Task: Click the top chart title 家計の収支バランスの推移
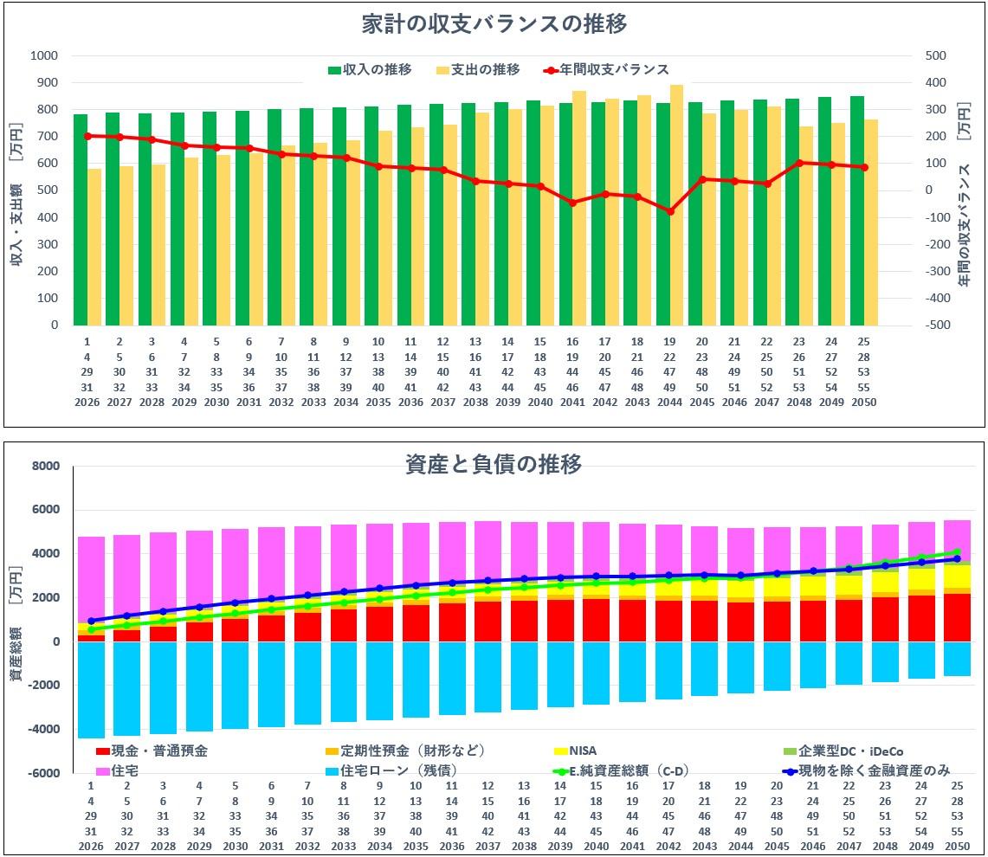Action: click(494, 24)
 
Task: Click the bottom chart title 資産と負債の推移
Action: click(494, 464)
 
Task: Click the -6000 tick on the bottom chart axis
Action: click(44, 773)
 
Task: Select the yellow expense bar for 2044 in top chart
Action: click(676, 205)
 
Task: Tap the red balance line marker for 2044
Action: click(669, 211)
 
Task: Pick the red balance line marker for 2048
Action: click(799, 163)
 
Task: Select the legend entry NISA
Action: click(582, 751)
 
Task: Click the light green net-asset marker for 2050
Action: click(957, 551)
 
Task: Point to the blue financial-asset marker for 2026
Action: click(91, 621)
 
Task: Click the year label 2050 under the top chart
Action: click(863, 403)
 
